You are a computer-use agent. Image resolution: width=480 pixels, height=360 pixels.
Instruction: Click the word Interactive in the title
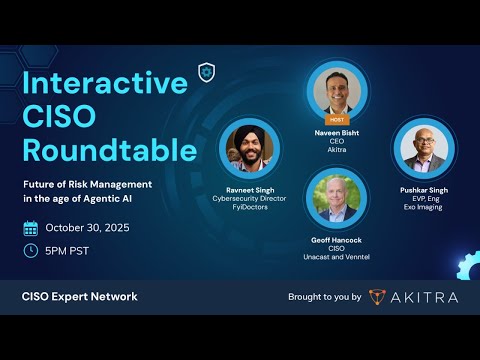coord(105,83)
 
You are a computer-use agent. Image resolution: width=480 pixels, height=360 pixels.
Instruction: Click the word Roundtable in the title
coord(111,150)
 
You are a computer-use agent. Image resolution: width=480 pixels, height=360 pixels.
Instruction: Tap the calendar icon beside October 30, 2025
coord(30,227)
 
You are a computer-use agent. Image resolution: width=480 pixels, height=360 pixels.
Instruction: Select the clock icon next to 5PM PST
coord(30,249)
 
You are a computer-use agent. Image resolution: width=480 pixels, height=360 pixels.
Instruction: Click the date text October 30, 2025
coord(86,227)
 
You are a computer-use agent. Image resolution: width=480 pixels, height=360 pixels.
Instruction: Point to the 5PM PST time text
coord(68,250)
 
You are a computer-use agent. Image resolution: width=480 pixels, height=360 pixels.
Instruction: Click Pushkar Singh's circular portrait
coord(422,148)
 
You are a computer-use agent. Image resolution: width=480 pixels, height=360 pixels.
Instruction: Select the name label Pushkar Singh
coord(422,188)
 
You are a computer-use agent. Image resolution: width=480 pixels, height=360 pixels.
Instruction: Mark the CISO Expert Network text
coord(80,297)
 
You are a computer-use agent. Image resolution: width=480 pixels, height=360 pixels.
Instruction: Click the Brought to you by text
coord(324,297)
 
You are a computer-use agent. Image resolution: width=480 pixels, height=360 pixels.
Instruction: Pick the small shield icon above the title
coord(207,72)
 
